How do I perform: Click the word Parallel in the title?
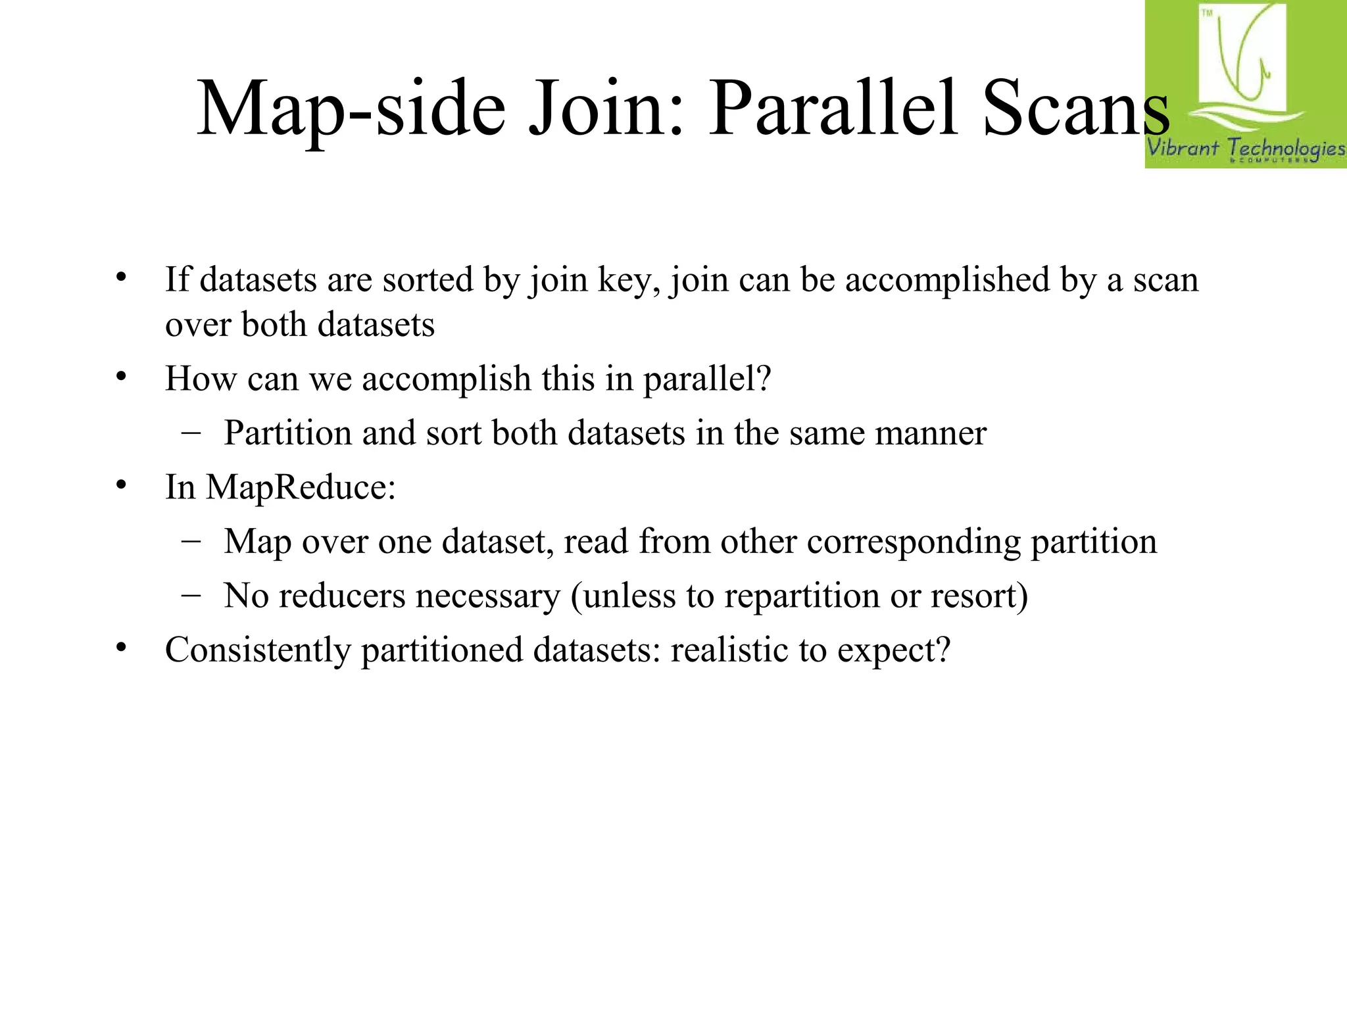(x=832, y=108)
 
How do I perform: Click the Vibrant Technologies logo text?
(x=1246, y=148)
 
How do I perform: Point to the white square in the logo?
(x=1242, y=56)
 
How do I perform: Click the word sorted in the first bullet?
(x=429, y=279)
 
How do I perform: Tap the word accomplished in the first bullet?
(x=947, y=281)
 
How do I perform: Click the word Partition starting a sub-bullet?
(x=287, y=433)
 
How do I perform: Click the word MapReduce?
(x=301, y=488)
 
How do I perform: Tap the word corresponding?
(x=914, y=542)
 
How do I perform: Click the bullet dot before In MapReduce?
(x=120, y=486)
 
